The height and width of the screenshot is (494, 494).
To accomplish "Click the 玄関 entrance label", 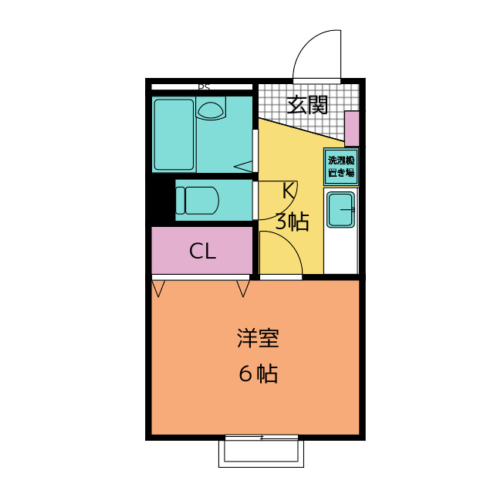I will point(307,105).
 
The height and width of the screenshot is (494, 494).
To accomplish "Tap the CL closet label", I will point(202,251).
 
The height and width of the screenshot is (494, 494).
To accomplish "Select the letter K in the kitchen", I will point(286,190).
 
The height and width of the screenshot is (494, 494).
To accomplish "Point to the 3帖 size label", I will point(292,222).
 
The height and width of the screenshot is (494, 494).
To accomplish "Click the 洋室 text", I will point(257,339).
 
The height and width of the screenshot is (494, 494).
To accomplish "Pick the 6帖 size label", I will point(257,374).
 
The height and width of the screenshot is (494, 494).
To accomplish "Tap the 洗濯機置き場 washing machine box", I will point(340,166).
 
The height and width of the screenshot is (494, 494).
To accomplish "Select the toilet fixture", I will point(201,200).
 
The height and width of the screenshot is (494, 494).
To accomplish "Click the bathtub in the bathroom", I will point(174,134).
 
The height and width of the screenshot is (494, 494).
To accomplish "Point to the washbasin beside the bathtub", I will point(210,110).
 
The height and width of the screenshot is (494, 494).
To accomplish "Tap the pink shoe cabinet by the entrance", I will point(352,129).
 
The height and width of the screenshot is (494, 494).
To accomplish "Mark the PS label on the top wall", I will point(204,87).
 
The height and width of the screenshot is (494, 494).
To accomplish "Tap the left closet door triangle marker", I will point(159,289).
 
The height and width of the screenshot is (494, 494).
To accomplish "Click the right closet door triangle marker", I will point(243,289).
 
